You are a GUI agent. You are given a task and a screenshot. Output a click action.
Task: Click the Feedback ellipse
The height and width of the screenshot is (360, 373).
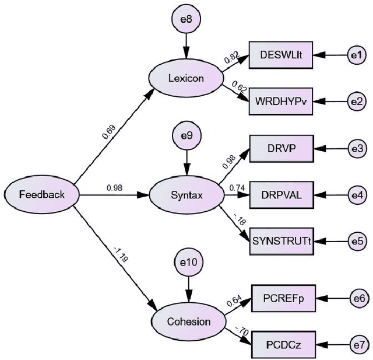[x=42, y=195]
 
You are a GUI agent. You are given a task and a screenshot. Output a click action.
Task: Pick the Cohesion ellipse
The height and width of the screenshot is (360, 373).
[x=187, y=321]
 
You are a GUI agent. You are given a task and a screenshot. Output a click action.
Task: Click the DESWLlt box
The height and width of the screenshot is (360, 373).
[x=281, y=55]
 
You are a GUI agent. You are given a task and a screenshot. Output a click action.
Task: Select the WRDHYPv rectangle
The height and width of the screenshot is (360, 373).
[x=281, y=100]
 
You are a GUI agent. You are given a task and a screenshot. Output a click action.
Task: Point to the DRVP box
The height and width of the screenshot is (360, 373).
[x=281, y=149]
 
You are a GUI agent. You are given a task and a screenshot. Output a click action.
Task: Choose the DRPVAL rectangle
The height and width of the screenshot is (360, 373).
[x=281, y=195]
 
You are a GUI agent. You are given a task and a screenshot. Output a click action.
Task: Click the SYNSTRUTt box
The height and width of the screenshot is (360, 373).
[x=281, y=240]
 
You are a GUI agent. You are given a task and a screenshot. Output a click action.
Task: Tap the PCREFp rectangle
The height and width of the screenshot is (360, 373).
[x=281, y=298]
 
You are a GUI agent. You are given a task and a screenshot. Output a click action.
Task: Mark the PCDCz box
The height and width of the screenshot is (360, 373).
[x=281, y=344]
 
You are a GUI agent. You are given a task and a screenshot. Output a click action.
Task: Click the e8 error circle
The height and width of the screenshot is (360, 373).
[x=186, y=19]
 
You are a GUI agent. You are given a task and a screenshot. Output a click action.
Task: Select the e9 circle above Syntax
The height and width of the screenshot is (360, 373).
[x=186, y=136]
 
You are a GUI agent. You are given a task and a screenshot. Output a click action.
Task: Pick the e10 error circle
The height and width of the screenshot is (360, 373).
[x=188, y=262]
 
